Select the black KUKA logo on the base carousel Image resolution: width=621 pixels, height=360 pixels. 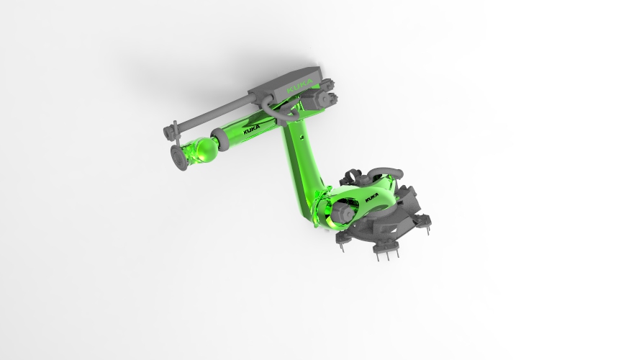(x=373, y=195)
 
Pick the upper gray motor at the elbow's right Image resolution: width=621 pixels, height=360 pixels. (x=328, y=84)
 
